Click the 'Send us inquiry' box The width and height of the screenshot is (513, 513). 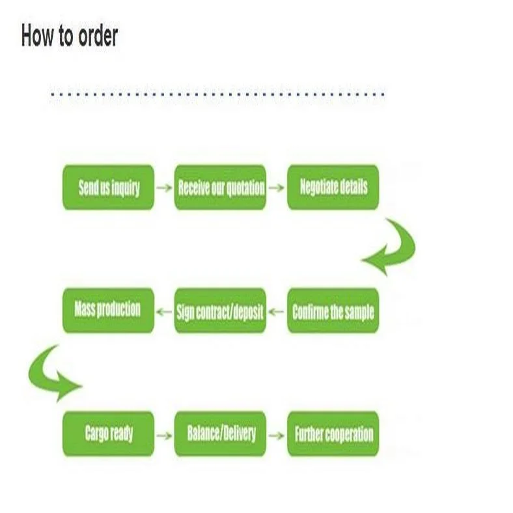tap(109, 187)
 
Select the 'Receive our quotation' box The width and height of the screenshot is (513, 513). tap(220, 187)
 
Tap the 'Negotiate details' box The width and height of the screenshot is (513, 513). tap(333, 187)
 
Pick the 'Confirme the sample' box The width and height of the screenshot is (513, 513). tap(333, 311)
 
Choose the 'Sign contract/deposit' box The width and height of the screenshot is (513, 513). tap(220, 311)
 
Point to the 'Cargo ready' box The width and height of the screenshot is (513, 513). tap(109, 434)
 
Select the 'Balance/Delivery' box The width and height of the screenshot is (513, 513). tap(220, 434)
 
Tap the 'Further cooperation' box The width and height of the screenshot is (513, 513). tap(333, 434)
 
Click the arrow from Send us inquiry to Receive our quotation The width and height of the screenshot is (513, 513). tap(165, 188)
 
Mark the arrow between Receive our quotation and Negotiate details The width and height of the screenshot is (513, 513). tap(277, 188)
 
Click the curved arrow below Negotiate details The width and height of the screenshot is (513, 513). tap(391, 247)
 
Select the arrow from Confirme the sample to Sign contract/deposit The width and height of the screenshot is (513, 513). tap(277, 311)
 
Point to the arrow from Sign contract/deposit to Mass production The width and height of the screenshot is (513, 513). tap(165, 311)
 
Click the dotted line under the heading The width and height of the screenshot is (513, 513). tap(217, 94)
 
